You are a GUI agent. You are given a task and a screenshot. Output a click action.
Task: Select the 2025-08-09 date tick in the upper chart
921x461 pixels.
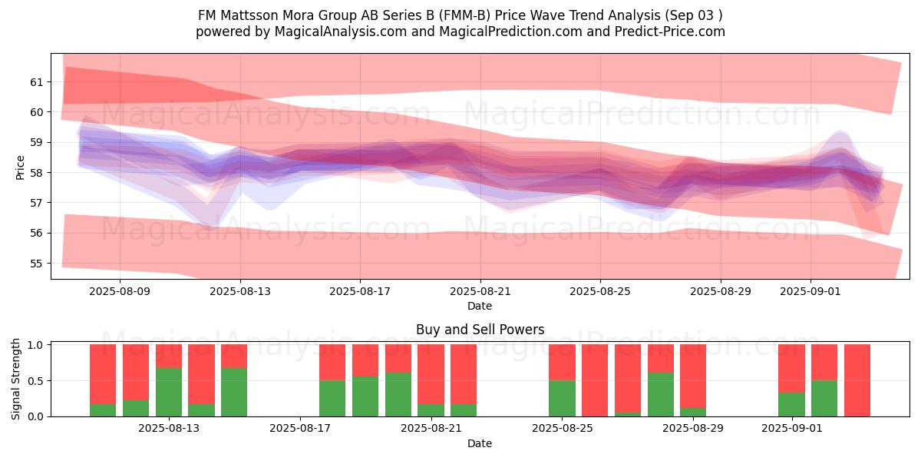tap(120, 291)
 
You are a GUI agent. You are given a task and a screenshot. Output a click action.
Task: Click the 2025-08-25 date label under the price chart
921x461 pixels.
tap(600, 291)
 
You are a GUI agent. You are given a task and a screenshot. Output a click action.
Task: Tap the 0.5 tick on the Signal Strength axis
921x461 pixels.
tap(36, 380)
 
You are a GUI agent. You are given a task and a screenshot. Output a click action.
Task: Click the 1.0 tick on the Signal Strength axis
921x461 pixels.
tap(36, 345)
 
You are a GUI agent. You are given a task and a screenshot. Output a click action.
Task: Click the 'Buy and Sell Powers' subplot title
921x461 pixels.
tap(480, 330)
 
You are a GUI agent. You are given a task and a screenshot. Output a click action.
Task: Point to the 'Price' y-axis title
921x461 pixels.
tap(20, 167)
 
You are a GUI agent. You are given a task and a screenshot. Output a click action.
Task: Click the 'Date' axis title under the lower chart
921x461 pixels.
tap(480, 443)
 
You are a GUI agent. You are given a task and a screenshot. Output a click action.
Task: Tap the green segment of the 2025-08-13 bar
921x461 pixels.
tap(169, 392)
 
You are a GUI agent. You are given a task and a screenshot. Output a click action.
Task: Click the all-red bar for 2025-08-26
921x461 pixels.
tap(595, 380)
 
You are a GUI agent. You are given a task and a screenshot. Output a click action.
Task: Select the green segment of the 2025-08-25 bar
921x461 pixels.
tap(562, 398)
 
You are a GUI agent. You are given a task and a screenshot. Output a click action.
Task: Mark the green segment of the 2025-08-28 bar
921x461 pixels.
tap(661, 394)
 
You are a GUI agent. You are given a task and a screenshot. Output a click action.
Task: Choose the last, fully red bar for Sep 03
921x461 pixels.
tap(857, 380)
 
